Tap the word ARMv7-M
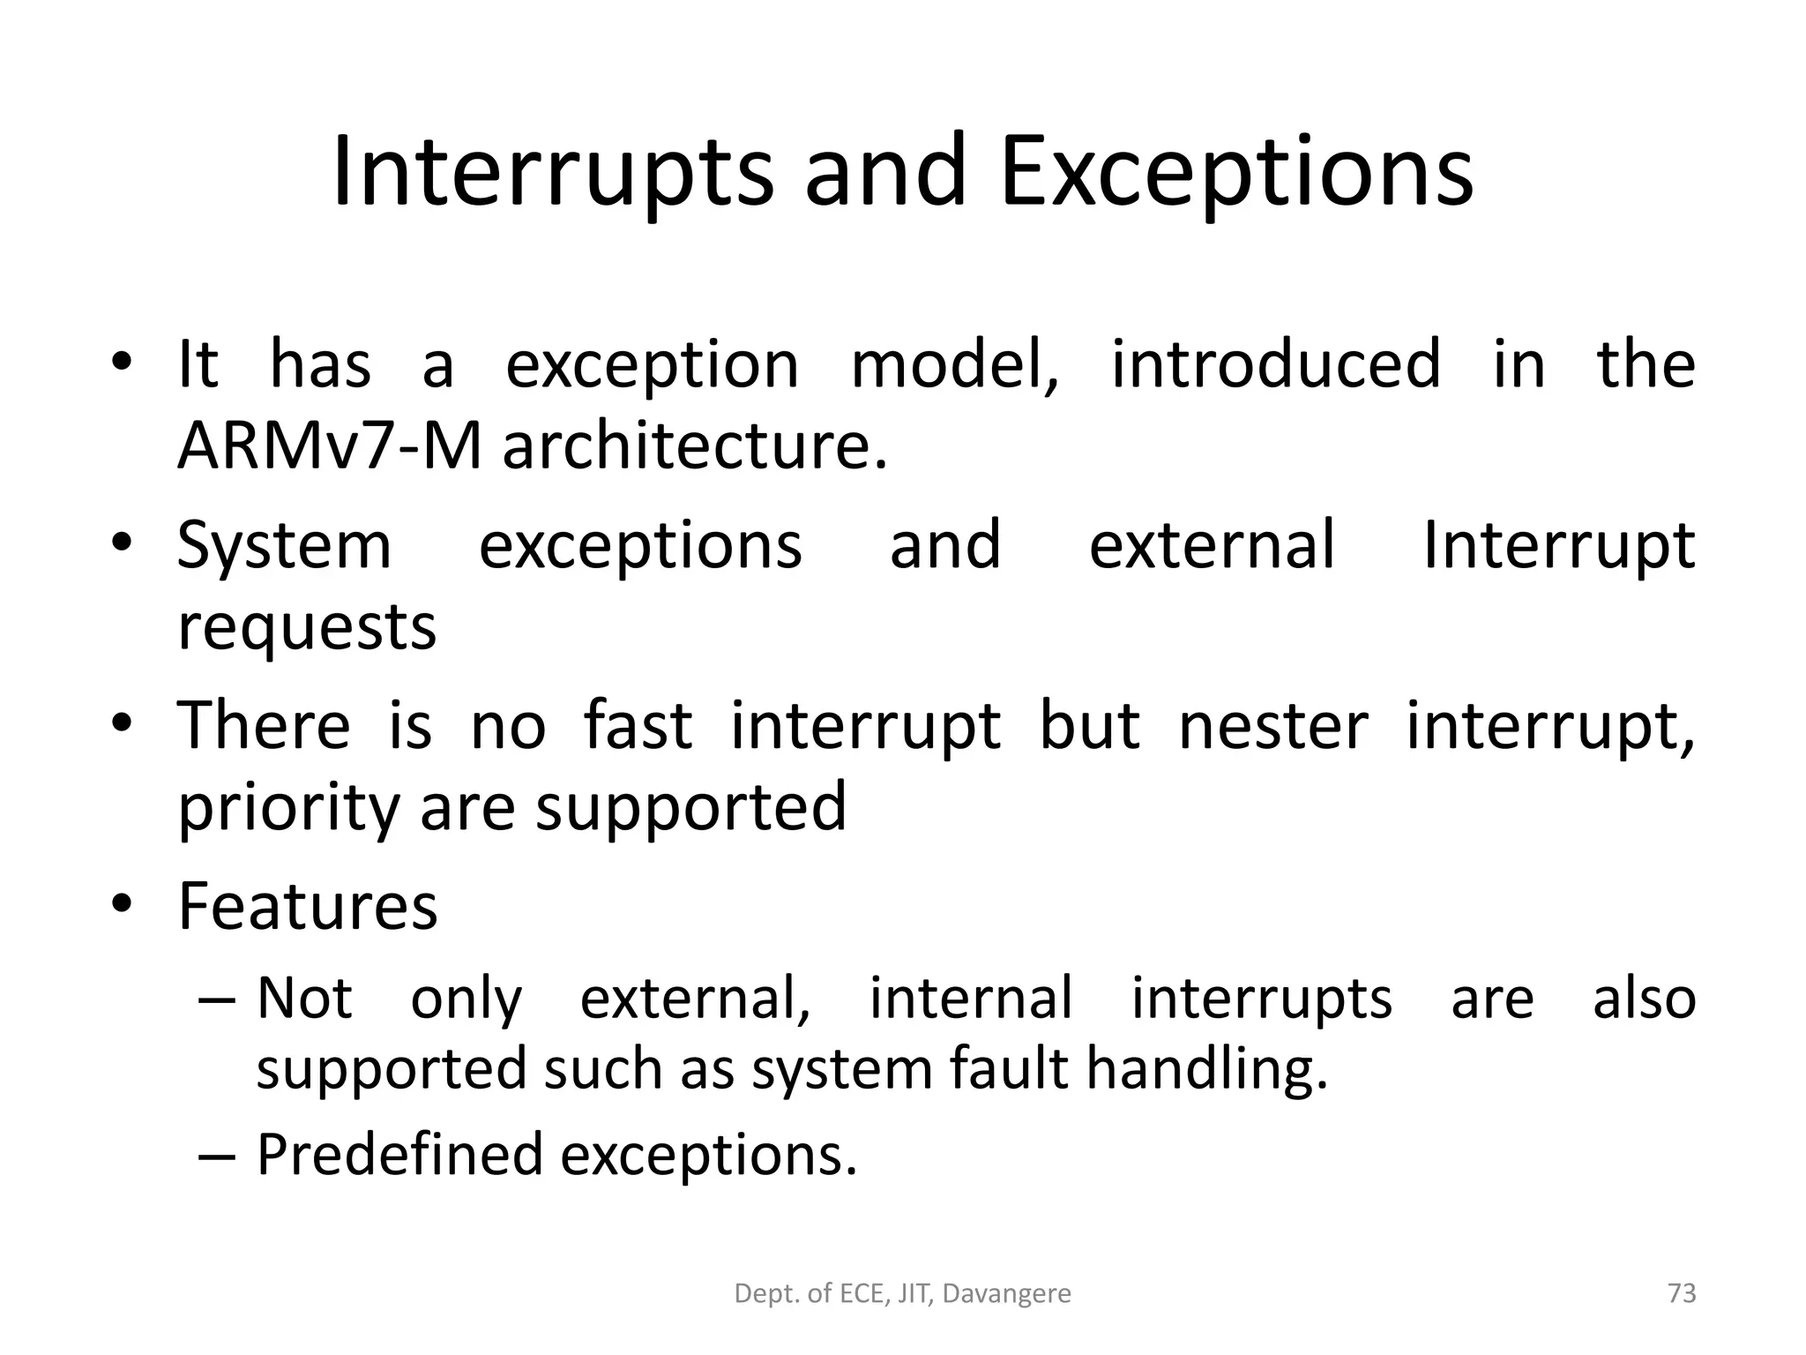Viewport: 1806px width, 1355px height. [329, 446]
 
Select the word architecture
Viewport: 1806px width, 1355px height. [694, 446]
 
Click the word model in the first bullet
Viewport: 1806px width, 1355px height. [954, 364]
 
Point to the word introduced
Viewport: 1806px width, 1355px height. [1275, 364]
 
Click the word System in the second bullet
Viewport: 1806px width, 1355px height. [284, 547]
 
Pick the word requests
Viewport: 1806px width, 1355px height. [307, 628]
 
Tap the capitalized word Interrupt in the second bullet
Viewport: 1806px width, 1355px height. [1558, 547]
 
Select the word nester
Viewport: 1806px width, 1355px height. [1273, 726]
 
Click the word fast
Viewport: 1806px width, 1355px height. [638, 726]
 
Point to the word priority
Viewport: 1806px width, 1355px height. [288, 808]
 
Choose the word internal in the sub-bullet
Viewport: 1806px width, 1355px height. [971, 999]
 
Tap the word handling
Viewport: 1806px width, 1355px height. [1206, 1069]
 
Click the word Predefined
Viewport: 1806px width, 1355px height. [399, 1155]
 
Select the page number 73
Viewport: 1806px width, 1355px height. [1682, 1294]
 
